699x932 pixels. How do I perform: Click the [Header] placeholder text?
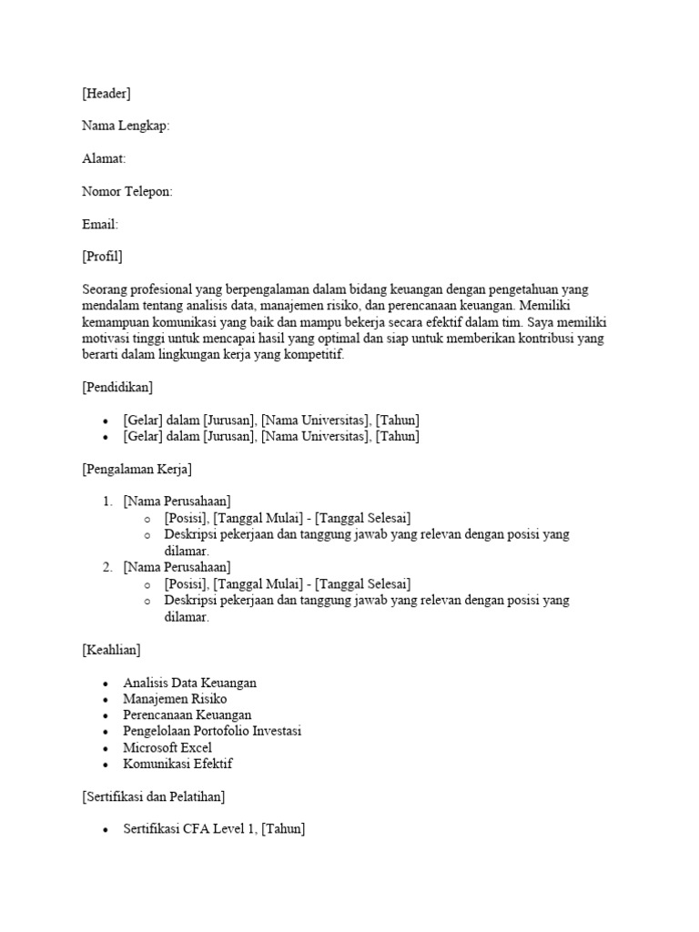[x=106, y=93]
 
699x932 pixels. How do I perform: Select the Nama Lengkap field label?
[x=126, y=126]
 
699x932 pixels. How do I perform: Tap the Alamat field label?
[x=104, y=158]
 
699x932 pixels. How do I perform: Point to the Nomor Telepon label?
[x=127, y=191]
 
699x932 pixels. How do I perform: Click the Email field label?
[x=100, y=224]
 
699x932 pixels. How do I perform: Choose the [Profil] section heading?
[x=102, y=257]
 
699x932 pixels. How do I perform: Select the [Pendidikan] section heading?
[x=117, y=388]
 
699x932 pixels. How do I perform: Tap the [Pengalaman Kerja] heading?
[x=137, y=470]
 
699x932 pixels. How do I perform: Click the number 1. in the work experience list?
[x=107, y=501]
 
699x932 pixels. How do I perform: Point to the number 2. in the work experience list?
[x=107, y=567]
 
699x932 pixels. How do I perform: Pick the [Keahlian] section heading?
[x=111, y=650]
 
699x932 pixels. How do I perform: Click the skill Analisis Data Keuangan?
[x=189, y=683]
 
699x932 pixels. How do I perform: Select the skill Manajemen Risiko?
[x=175, y=699]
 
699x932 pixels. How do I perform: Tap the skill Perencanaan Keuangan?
[x=187, y=715]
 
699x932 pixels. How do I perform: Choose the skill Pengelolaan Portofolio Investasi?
[x=212, y=732]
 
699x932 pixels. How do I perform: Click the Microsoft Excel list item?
[x=167, y=748]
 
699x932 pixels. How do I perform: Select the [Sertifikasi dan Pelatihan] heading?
[x=154, y=797]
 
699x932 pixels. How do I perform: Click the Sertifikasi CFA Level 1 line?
[x=214, y=830]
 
